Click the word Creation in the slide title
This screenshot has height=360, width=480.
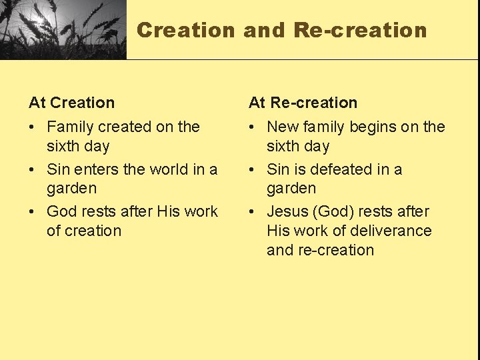[186, 31]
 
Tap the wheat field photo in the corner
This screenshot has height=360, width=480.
[63, 29]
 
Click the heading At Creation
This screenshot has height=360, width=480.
[71, 103]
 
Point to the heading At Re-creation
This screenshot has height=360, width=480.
[303, 103]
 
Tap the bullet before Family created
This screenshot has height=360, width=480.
[33, 127]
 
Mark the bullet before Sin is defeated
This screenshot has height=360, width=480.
[253, 170]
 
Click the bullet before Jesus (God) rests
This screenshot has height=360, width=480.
[253, 212]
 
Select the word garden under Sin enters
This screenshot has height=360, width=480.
[71, 189]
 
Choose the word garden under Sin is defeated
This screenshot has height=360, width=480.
[291, 189]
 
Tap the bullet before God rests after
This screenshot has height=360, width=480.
[33, 212]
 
